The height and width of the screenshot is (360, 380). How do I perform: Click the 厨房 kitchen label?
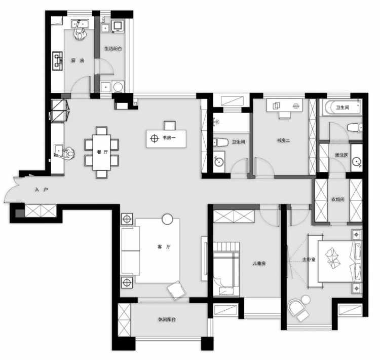[78, 60]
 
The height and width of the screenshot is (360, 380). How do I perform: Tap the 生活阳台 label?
[113, 49]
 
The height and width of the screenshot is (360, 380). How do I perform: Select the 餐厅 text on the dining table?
[102, 152]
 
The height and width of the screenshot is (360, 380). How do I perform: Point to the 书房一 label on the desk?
[169, 138]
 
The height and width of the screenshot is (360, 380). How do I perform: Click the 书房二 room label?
[283, 140]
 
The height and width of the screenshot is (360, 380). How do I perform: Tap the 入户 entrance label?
[42, 190]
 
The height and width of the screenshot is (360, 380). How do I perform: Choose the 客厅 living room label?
[164, 247]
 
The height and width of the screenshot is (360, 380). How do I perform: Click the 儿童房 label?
[259, 263]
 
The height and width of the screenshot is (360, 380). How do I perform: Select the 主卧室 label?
[309, 259]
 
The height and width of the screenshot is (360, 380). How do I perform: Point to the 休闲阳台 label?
[167, 319]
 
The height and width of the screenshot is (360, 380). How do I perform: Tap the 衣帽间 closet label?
[338, 199]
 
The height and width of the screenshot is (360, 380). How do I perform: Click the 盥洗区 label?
[341, 155]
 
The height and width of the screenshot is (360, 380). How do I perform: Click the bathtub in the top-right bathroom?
[341, 107]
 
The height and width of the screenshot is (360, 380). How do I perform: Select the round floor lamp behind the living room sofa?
[167, 219]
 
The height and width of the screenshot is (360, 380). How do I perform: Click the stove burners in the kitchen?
[57, 61]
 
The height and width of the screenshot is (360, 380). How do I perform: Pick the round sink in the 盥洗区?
[357, 162]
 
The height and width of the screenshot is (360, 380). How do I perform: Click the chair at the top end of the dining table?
[101, 131]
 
